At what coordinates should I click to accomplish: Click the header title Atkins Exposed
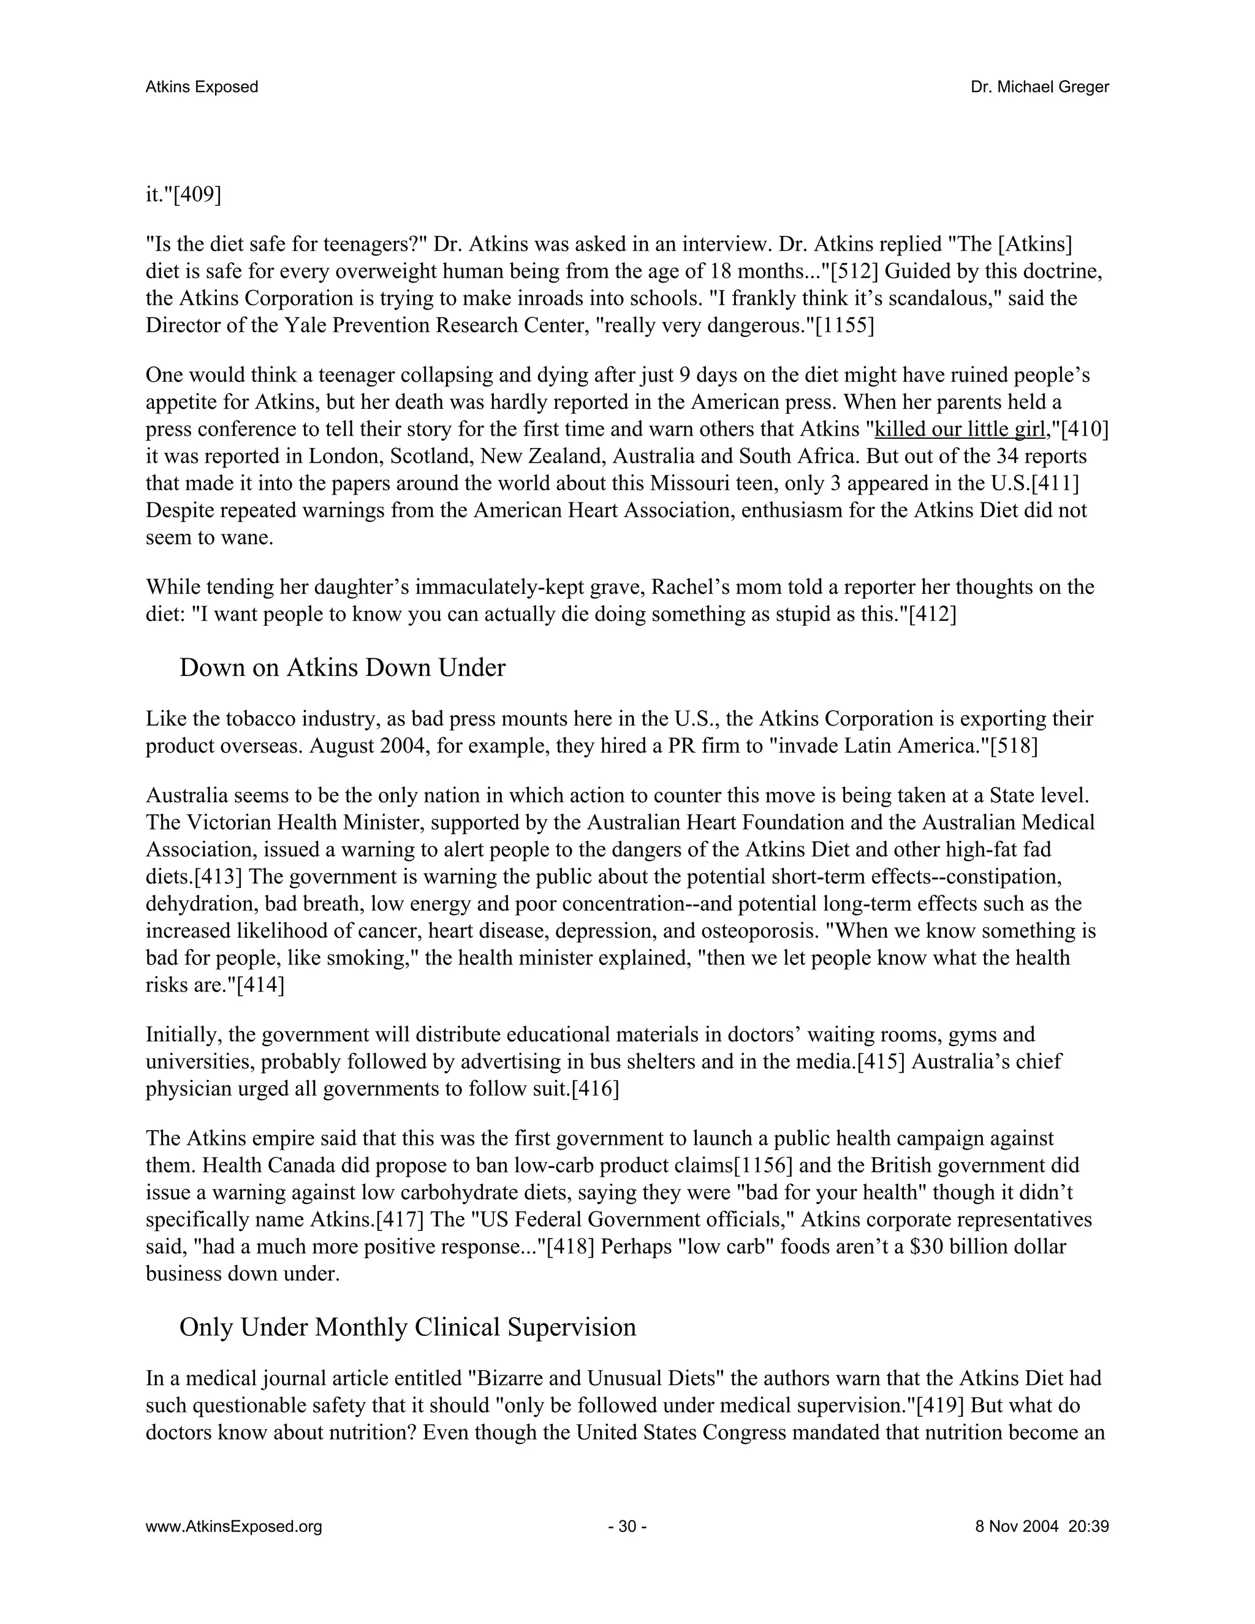click(x=202, y=87)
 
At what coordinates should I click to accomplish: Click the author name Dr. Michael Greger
click(x=1039, y=87)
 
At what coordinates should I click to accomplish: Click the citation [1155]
click(x=844, y=325)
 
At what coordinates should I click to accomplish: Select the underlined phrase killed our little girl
click(x=959, y=430)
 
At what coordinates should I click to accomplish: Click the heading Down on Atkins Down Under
click(x=342, y=668)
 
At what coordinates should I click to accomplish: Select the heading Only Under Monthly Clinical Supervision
click(x=408, y=1327)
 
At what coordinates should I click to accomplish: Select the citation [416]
click(x=595, y=1090)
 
